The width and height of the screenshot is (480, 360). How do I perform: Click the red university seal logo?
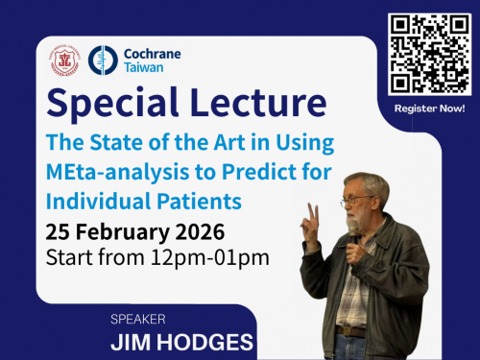pyautogui.click(x=64, y=60)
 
